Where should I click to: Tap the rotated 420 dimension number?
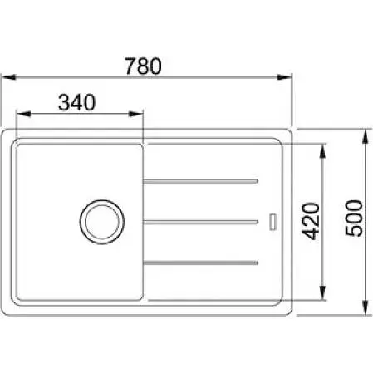[310, 221]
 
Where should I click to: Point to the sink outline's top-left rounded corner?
[7, 134]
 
